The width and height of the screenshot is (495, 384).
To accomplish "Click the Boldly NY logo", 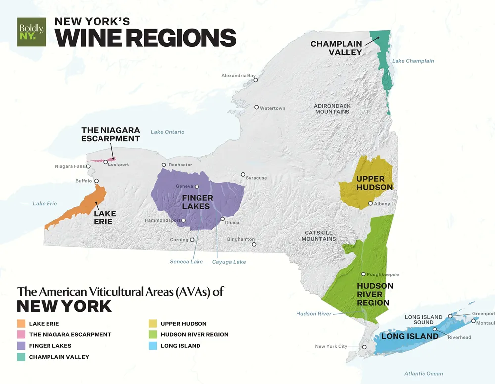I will [31, 32].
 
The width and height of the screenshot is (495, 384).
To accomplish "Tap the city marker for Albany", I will [370, 203].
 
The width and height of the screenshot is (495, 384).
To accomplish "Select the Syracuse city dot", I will [243, 174].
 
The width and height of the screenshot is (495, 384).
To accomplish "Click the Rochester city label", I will [180, 165].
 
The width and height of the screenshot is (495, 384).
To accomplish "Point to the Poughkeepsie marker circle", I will [363, 274].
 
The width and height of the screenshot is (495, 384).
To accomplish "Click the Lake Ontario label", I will [167, 132].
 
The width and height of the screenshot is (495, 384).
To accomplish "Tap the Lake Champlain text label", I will [412, 61].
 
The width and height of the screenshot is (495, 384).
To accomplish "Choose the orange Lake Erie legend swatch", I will [21, 324].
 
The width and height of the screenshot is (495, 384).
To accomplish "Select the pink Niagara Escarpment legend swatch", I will [21, 334].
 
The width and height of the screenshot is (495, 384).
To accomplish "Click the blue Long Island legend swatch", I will [152, 345].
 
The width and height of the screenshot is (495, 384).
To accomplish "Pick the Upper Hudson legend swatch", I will [152, 324].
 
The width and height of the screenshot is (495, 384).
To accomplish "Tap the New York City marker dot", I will [364, 347].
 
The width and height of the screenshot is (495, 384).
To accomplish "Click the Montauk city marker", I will [473, 321].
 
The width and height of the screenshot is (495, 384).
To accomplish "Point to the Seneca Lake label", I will [186, 261].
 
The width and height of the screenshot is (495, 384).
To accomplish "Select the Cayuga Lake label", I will [229, 261].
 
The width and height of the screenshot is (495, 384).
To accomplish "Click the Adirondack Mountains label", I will [332, 109].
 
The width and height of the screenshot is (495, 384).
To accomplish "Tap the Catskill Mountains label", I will [319, 236].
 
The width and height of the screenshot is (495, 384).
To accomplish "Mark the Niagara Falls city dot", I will [88, 166].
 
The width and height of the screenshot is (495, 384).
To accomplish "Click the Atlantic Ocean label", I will [423, 373].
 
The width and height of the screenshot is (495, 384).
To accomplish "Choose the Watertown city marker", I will [256, 107].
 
